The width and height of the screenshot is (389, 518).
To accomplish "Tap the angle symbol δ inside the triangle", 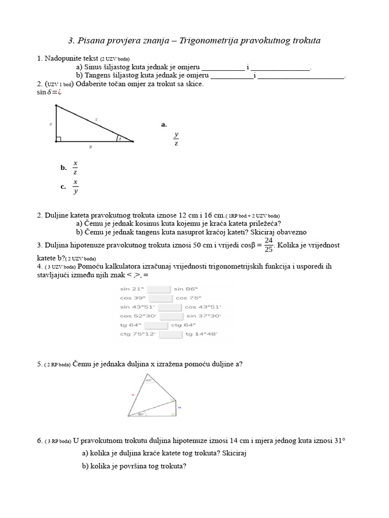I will click(120, 138).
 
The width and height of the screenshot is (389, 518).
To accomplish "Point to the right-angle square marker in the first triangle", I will click(59, 139).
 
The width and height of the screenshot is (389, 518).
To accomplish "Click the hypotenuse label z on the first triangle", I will click(96, 119).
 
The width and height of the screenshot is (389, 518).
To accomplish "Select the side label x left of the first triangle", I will click(51, 123).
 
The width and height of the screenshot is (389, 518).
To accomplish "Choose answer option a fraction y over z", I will click(176, 139).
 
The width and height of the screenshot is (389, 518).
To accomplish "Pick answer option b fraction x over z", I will click(75, 167).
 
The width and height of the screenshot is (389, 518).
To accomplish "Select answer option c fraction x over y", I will click(75, 186).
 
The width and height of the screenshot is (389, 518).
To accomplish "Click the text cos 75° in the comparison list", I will click(188, 298).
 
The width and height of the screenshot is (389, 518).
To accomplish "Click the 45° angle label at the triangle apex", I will click(148, 380).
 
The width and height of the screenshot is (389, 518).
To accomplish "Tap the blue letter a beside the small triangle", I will click(179, 406).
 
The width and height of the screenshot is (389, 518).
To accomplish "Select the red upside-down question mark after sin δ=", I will click(59, 92).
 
